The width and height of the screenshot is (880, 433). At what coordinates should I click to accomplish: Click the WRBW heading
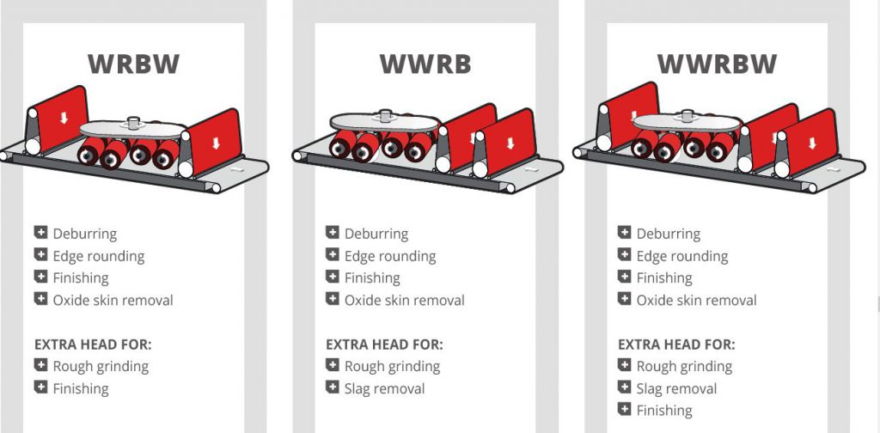coord(133,64)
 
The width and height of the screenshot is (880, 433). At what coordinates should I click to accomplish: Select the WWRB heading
coord(425,64)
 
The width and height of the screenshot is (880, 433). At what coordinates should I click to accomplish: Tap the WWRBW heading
coord(717,64)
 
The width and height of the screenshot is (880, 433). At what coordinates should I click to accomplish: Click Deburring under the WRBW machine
coord(84,234)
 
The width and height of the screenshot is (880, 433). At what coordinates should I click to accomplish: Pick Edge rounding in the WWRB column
coord(389,256)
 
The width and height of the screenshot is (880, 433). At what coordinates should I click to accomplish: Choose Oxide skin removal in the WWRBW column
coord(696,301)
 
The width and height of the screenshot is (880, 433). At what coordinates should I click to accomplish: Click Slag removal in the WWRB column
coord(384,388)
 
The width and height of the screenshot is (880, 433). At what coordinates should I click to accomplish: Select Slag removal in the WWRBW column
coord(676,388)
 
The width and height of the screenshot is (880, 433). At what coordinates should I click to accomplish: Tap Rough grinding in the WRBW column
coord(101,366)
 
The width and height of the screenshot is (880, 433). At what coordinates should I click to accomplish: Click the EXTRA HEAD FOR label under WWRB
coord(384,345)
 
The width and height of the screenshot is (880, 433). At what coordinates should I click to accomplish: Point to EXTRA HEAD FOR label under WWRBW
coord(676,345)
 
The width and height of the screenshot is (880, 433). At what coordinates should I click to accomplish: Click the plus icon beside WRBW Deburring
coord(40,233)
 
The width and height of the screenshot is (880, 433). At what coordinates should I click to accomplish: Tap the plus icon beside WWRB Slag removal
coord(333,387)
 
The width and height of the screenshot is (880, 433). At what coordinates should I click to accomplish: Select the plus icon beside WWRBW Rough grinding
coord(625,365)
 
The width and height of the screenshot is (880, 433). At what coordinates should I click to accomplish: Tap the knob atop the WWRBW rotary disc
coord(686,114)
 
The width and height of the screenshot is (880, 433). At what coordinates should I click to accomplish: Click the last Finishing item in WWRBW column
coord(664,411)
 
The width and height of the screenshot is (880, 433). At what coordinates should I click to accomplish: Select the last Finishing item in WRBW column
coord(81,388)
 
